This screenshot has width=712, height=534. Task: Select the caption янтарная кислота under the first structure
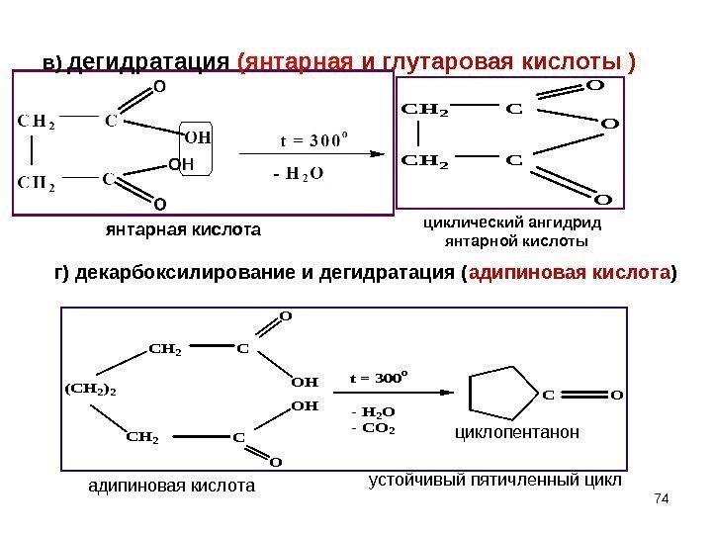[182, 231]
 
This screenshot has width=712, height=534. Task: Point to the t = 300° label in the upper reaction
[310, 137]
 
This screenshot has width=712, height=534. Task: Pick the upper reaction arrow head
[377, 153]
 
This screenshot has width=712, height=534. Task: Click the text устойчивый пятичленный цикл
[494, 481]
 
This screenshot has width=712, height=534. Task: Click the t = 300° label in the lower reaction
[380, 377]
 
